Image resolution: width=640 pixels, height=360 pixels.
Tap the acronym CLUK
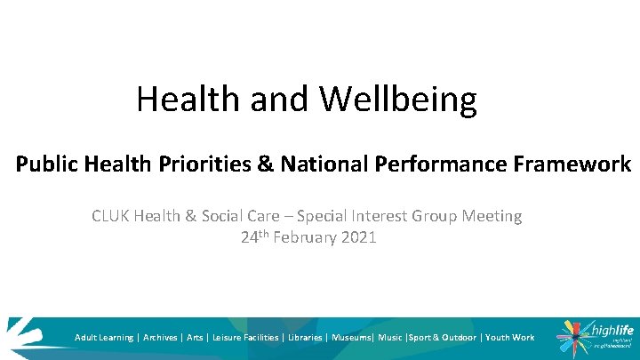coord(110,216)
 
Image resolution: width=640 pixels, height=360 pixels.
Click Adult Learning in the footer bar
coord(104,338)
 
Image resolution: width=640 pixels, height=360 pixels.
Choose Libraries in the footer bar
coord(304,338)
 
